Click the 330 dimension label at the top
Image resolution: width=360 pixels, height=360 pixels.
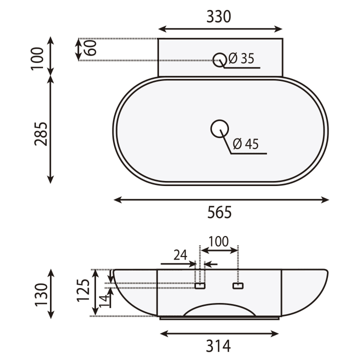click(218, 16)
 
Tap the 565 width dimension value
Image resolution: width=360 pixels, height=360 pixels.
click(219, 212)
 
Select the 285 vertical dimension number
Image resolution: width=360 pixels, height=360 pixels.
click(41, 134)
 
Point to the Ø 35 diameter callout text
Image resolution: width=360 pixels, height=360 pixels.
click(241, 58)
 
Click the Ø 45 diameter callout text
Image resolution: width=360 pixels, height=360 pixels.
click(245, 144)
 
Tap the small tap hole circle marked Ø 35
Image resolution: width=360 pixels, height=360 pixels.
click(219, 59)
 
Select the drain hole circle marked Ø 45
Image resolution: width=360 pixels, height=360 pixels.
click(219, 129)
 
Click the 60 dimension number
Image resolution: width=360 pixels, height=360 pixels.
click(90, 48)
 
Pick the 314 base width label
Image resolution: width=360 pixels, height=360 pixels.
click(218, 346)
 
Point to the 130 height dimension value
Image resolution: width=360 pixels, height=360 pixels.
click(41, 295)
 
